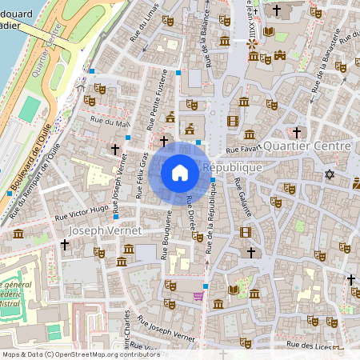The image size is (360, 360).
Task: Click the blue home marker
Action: click(180, 172)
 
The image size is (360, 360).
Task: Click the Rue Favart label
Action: click(242, 150)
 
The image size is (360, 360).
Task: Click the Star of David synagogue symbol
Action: click(328, 174)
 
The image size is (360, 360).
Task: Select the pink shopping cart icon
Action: click(197, 296)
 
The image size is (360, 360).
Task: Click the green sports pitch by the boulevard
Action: click(29, 109)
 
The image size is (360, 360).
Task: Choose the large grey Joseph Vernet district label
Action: click(105, 230)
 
